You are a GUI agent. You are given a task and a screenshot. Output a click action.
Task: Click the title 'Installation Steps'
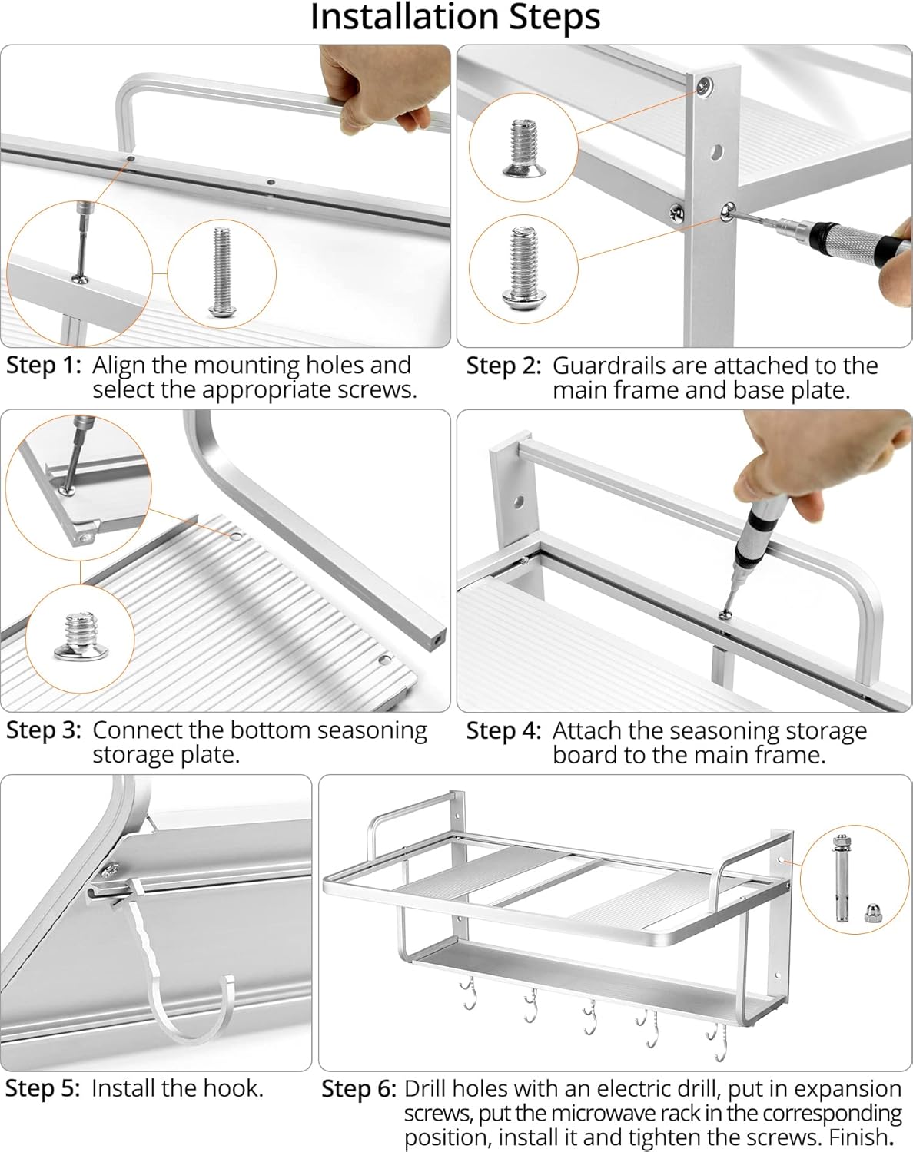(x=456, y=18)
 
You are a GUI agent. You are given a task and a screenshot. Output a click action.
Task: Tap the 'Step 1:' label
(x=44, y=366)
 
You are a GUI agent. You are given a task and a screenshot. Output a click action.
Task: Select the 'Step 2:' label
(x=503, y=366)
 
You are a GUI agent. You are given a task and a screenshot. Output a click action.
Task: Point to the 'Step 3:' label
(x=44, y=730)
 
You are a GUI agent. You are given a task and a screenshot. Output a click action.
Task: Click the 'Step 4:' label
(x=503, y=731)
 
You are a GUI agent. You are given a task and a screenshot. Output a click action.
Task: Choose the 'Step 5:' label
(x=43, y=1088)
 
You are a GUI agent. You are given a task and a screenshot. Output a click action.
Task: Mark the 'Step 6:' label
(x=359, y=1089)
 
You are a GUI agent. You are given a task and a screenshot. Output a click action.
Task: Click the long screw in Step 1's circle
(x=221, y=272)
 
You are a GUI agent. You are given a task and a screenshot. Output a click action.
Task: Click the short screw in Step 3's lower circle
(x=81, y=637)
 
